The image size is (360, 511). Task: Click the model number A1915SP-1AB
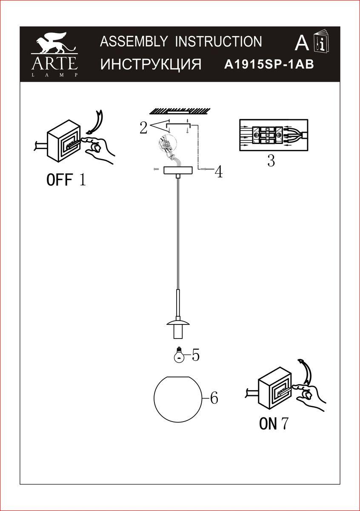point(269,64)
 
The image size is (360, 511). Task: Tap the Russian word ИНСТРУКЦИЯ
point(151,64)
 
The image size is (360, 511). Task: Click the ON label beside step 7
point(268,424)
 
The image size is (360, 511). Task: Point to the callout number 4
point(218,172)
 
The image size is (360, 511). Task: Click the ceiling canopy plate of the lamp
point(179,170)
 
